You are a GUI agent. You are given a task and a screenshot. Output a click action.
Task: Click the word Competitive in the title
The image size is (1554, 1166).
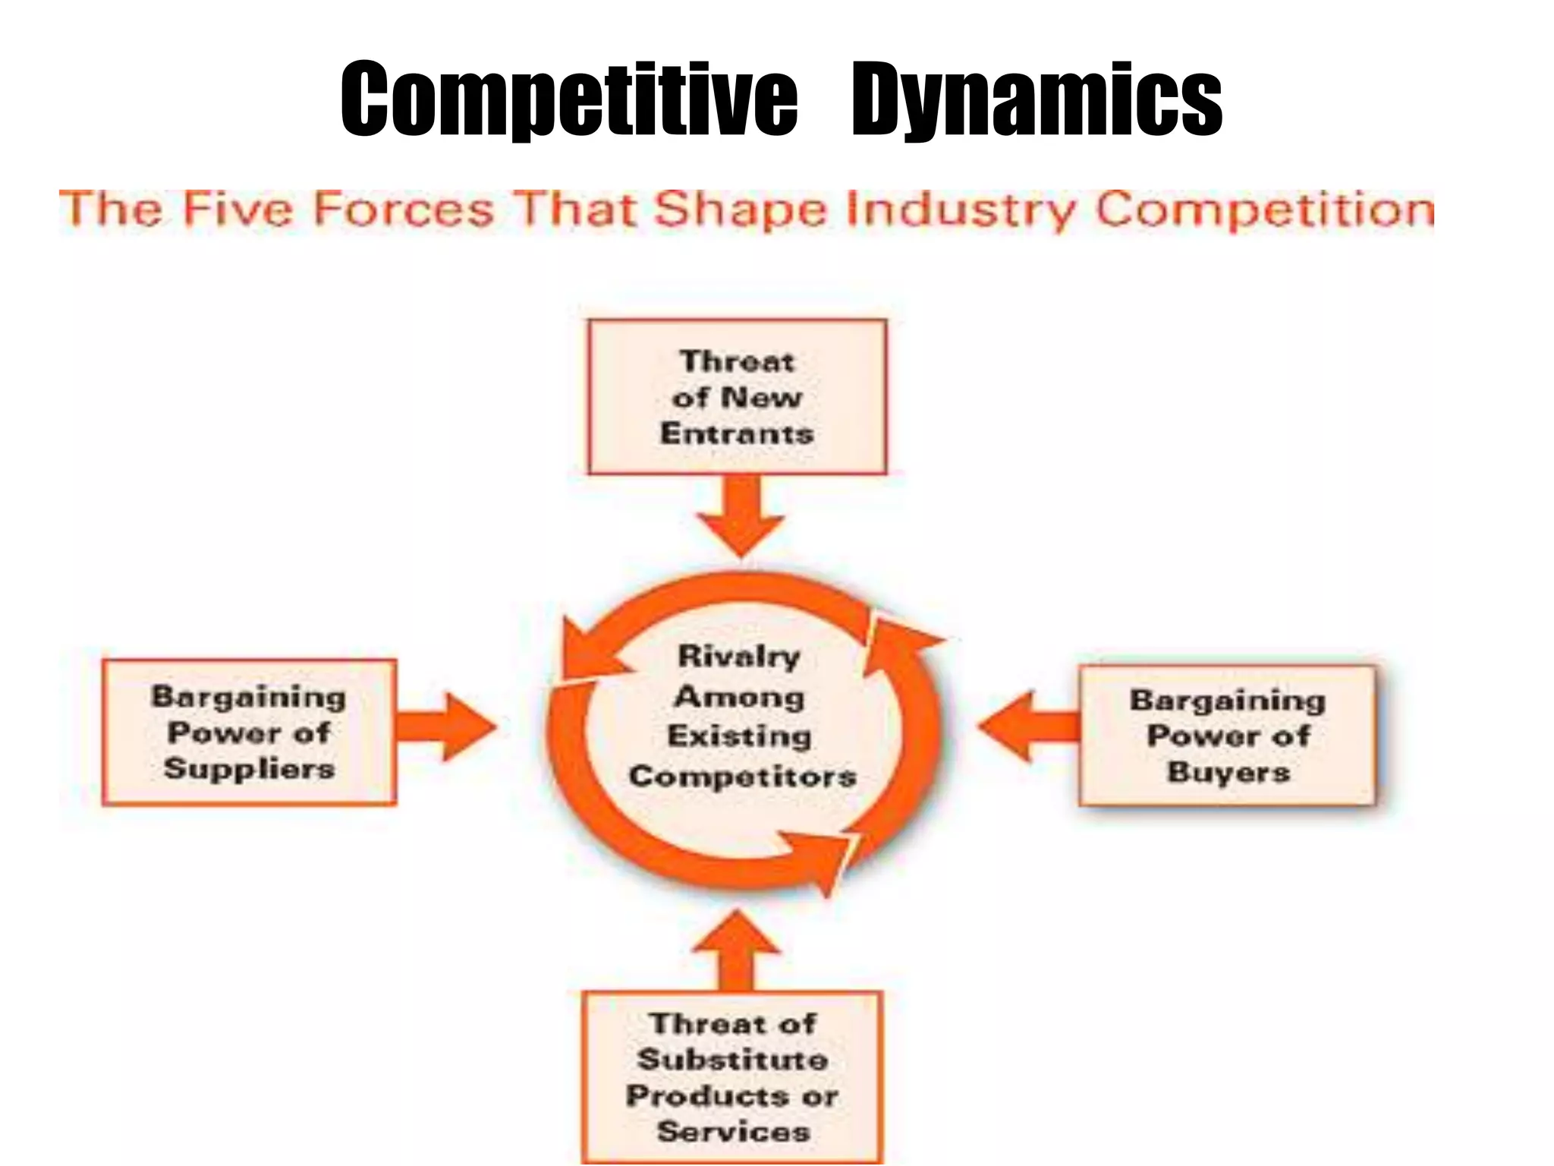tap(569, 99)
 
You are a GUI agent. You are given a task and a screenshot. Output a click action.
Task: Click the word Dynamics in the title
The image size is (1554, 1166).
tap(1037, 99)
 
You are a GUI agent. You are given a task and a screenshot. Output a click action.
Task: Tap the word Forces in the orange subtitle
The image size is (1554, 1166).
tap(403, 210)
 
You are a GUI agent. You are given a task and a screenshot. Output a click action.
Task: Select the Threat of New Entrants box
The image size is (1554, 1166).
tap(737, 397)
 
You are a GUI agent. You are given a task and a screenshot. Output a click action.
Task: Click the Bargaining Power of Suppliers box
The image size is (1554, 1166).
tap(249, 732)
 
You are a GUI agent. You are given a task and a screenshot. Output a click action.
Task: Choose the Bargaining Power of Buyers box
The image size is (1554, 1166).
tap(1227, 736)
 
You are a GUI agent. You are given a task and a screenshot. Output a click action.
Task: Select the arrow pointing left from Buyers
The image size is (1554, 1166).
tap(1029, 726)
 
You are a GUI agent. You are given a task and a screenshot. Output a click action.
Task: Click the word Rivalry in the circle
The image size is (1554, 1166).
tap(739, 657)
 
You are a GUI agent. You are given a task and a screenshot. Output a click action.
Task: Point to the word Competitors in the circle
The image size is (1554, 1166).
tap(743, 776)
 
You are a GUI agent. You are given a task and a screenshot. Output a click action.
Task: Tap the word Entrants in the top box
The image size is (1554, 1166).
tap(737, 433)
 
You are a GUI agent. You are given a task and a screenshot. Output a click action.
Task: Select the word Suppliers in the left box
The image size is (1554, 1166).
tap(249, 768)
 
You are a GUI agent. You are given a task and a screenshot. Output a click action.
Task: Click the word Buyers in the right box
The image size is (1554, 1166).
tap(1228, 772)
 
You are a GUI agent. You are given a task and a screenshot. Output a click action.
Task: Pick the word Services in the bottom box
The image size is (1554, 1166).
tap(734, 1131)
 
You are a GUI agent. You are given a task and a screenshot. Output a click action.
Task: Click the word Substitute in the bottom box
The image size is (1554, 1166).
tap(733, 1059)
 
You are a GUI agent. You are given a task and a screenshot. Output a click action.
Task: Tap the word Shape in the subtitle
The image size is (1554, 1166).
tap(740, 211)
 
